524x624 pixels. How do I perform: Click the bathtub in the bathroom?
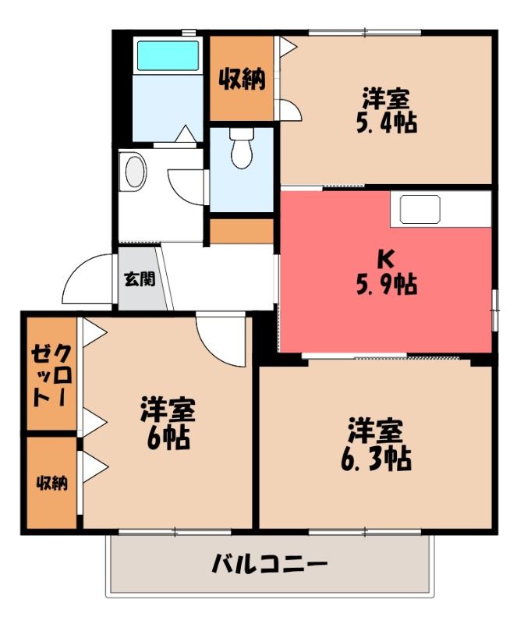[x=168, y=55]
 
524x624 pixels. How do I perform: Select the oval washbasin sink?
[x=136, y=171]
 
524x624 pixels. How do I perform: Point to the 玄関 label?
[x=140, y=279]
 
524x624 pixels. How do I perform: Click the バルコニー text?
[x=269, y=564]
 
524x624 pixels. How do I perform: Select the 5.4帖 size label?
[x=387, y=123]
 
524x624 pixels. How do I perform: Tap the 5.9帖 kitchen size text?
[x=387, y=284]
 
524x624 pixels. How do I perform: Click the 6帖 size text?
[x=168, y=438]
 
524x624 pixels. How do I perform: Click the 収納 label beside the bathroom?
[x=243, y=79]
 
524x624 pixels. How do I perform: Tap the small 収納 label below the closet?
[x=52, y=483]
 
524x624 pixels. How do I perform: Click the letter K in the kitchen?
[x=386, y=260]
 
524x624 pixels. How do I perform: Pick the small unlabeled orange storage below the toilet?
[x=242, y=231]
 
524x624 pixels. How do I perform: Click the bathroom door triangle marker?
[x=185, y=133]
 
